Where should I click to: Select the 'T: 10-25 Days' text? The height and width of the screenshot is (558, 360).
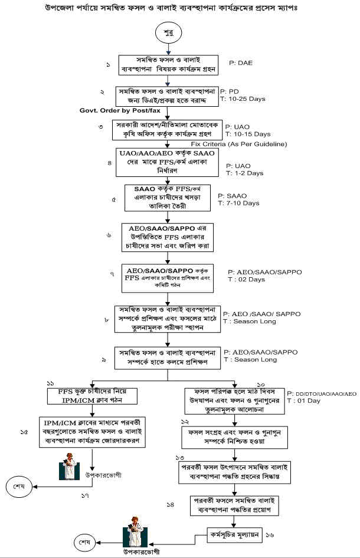243,99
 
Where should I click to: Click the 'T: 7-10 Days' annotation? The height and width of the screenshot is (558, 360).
238,203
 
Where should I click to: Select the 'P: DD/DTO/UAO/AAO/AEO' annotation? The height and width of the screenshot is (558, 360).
322,393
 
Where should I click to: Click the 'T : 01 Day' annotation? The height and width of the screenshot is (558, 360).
306,401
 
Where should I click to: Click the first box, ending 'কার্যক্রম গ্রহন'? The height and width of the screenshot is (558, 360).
168,65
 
